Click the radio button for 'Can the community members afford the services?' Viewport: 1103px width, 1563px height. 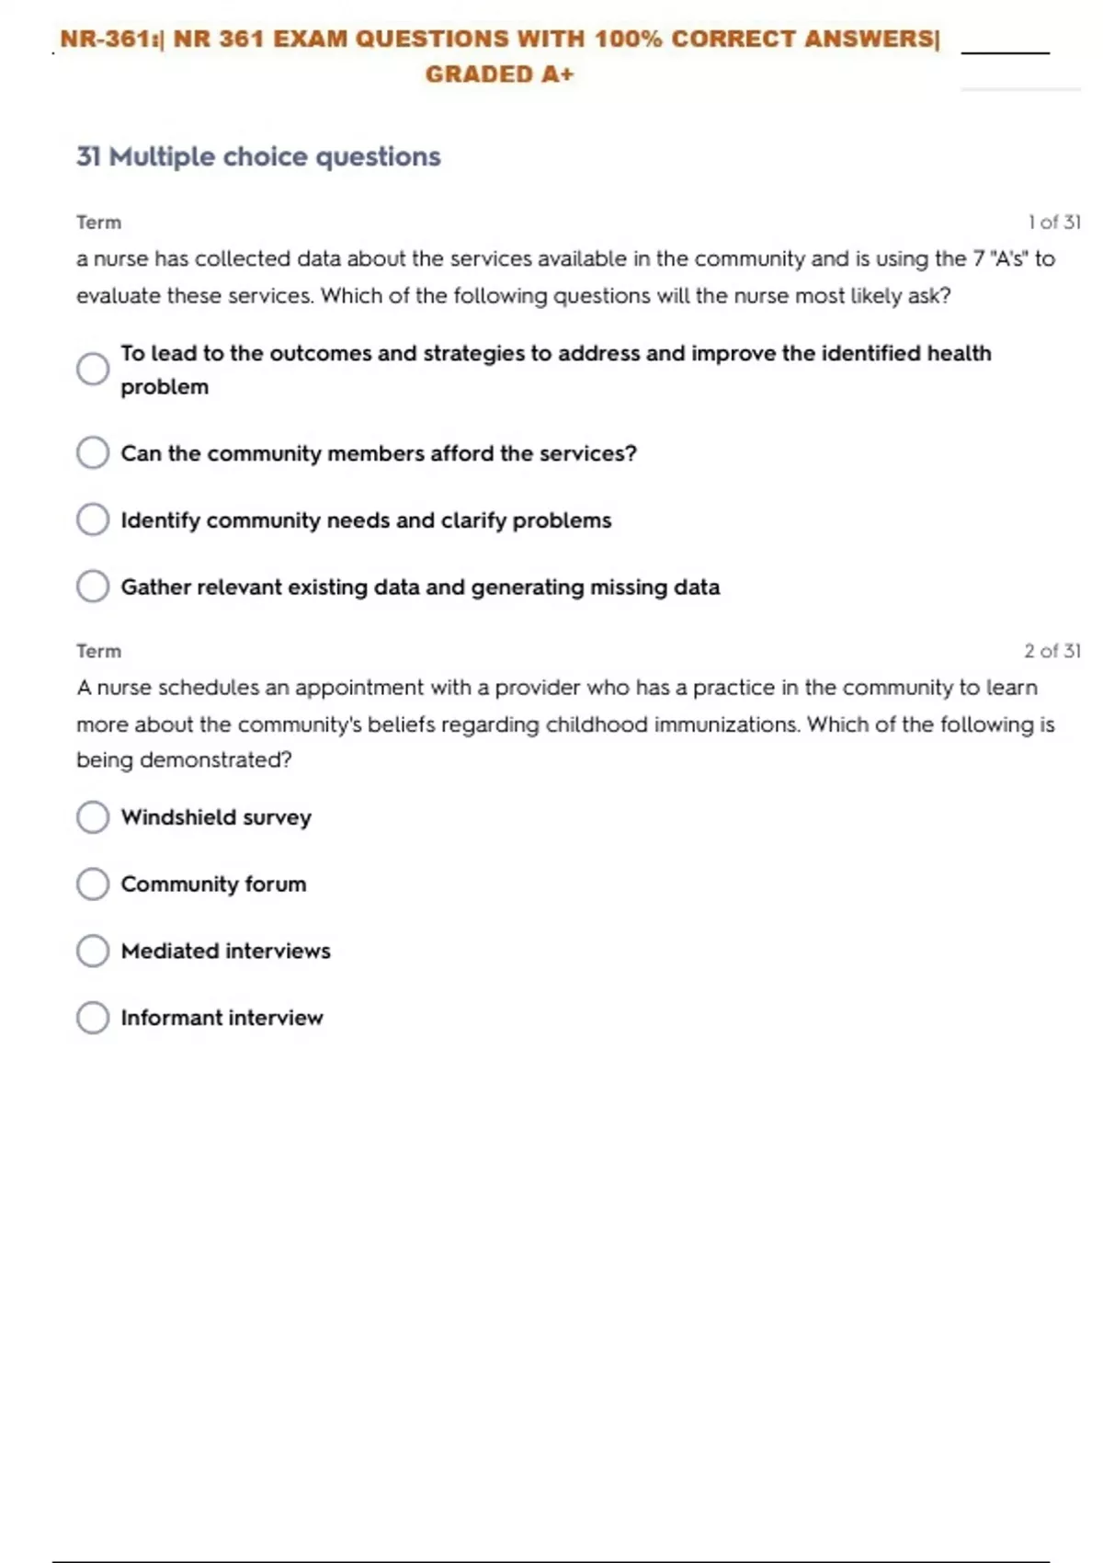(93, 452)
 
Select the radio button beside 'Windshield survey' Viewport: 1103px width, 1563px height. (93, 816)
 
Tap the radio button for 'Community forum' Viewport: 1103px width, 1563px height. (93, 884)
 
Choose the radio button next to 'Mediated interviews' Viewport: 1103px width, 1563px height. (93, 951)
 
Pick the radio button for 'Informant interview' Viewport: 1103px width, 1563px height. (93, 1018)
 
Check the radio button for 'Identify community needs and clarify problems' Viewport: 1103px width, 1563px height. (93, 519)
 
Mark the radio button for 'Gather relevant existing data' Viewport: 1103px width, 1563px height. (93, 586)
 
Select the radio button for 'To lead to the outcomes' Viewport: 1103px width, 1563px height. (93, 369)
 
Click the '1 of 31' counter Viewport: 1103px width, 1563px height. (1054, 222)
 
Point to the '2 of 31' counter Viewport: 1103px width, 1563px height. (1052, 651)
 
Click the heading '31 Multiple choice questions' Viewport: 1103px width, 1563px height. (258, 156)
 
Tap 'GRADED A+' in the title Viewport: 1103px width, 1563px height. (499, 74)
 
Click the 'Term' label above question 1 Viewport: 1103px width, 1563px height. (98, 222)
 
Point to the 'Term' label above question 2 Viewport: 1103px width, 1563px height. (98, 651)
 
